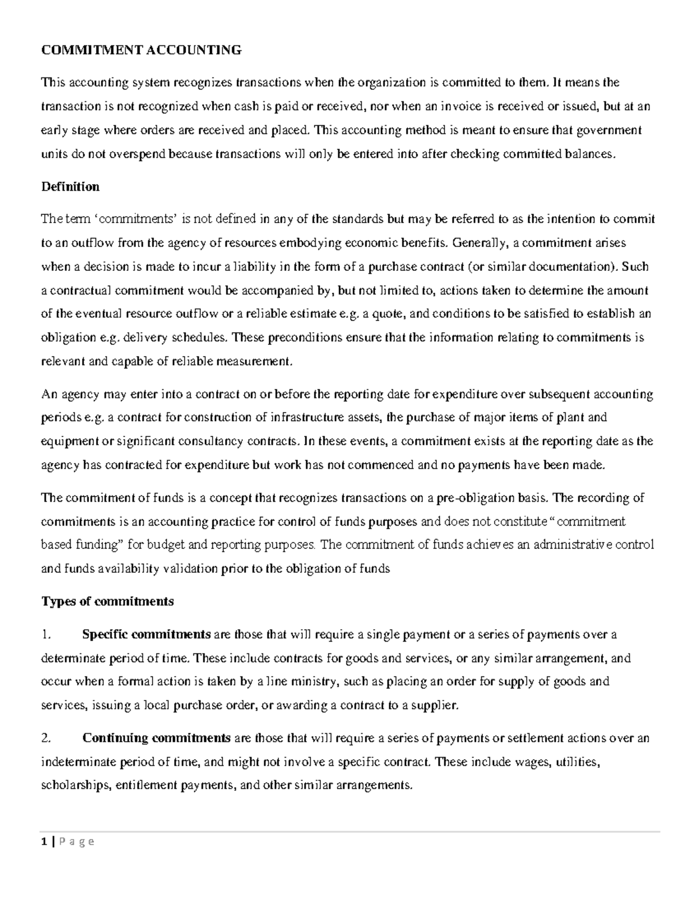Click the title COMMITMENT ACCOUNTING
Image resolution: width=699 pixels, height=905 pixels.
click(141, 50)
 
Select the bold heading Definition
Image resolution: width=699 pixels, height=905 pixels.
click(70, 187)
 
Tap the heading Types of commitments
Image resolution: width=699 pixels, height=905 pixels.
click(107, 601)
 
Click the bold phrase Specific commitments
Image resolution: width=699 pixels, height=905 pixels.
click(146, 635)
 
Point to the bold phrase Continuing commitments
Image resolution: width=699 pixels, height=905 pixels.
click(157, 738)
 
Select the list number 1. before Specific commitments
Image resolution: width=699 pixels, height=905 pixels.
click(47, 635)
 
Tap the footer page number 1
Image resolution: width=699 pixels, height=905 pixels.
click(43, 841)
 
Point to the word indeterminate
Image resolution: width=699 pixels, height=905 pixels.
click(80, 762)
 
